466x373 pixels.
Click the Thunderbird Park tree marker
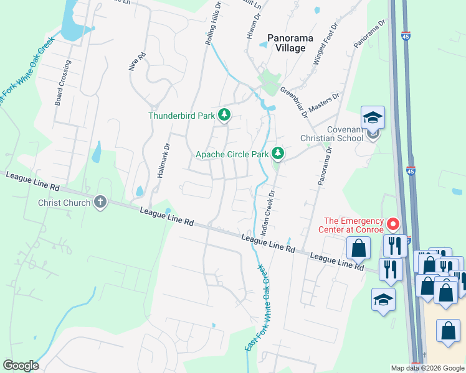point(224,115)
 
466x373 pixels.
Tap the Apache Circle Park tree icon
point(277,153)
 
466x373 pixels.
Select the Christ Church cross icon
point(100,202)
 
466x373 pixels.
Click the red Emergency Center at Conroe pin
point(393,223)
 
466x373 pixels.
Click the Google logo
point(21,366)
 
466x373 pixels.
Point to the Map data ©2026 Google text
point(427,368)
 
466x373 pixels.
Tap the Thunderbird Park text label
point(181,116)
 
